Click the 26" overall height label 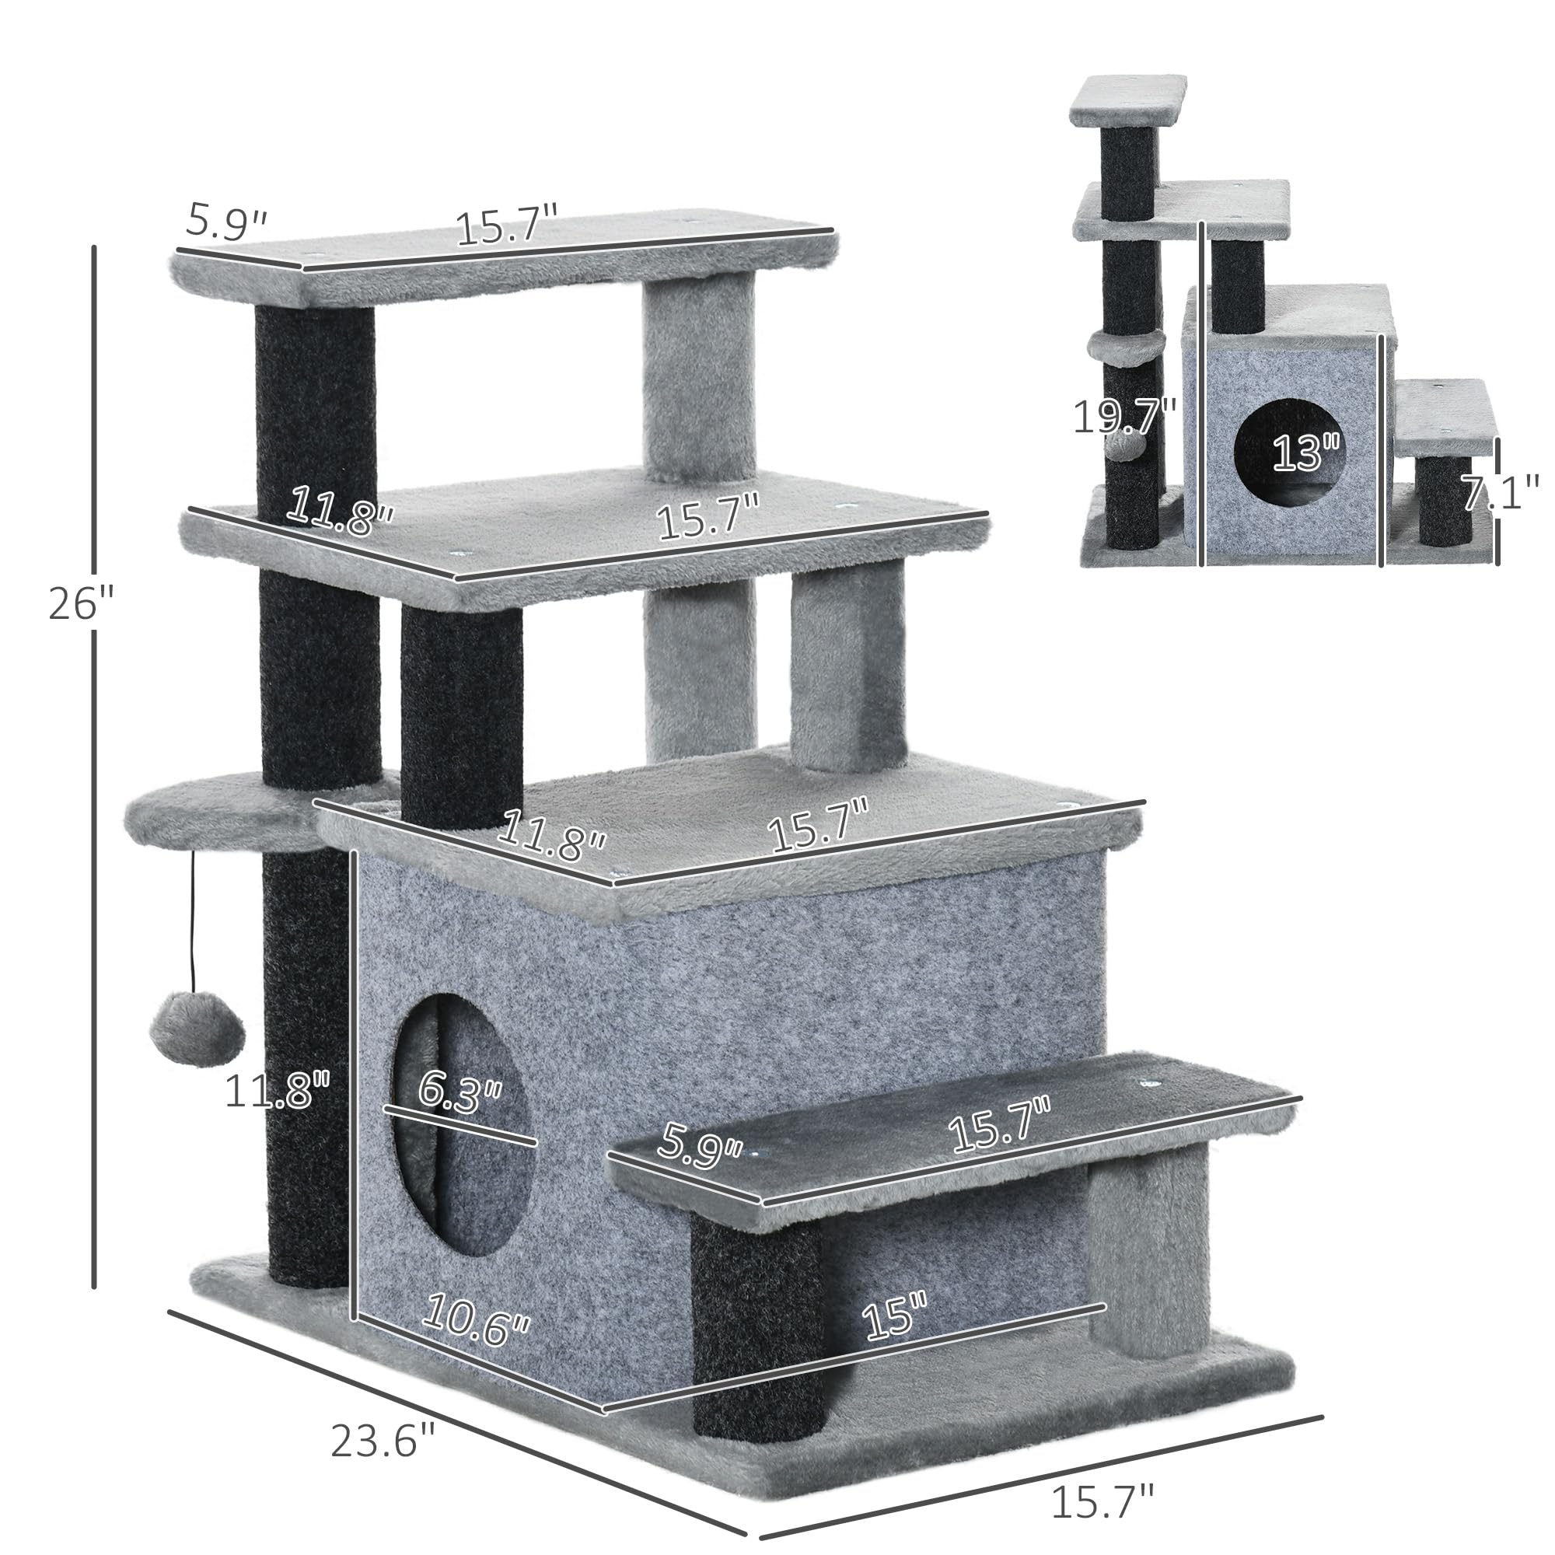click(x=82, y=603)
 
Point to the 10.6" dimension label click(x=475, y=1321)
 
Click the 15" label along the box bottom click(x=894, y=1319)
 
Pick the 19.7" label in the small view click(x=1123, y=417)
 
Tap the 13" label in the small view click(x=1305, y=453)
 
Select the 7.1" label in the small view click(x=1499, y=493)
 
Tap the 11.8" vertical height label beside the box click(x=277, y=1092)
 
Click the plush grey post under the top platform click(x=699, y=379)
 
